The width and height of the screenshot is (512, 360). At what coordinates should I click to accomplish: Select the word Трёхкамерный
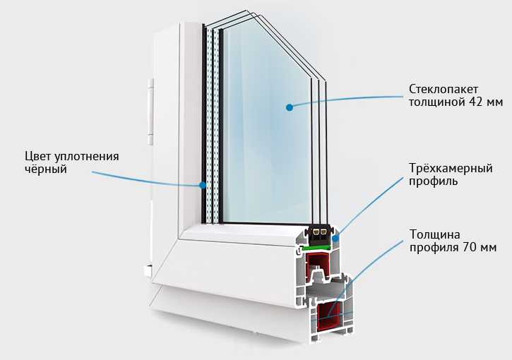[x=449, y=169]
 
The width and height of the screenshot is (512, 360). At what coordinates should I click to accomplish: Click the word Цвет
[x=38, y=156]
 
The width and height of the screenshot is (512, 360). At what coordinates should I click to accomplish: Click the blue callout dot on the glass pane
[x=289, y=107]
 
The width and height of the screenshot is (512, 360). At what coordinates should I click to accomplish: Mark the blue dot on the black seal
[x=203, y=186]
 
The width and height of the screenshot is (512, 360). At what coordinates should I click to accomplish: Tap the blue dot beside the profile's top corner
[x=335, y=240]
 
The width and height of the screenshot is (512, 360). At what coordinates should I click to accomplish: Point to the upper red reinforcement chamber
[x=319, y=270]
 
